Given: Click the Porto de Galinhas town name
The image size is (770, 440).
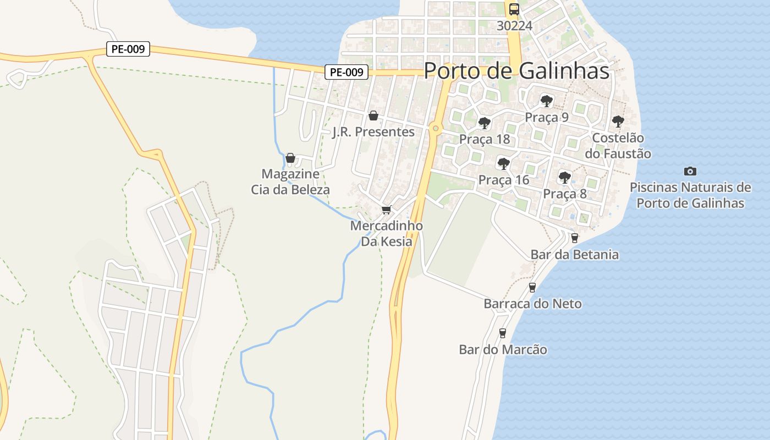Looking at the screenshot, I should click(x=516, y=71).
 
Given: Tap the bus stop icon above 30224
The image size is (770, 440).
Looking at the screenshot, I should click(x=514, y=9).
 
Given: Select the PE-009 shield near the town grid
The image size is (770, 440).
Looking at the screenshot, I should click(x=346, y=72).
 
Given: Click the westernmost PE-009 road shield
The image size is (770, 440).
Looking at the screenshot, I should click(x=128, y=49).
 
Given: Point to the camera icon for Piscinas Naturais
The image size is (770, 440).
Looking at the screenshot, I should click(x=690, y=171).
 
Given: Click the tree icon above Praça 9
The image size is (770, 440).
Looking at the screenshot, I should click(x=546, y=101).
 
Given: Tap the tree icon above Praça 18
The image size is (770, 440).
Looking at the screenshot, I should click(x=484, y=123).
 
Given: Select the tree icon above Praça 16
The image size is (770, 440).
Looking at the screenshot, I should click(x=503, y=163).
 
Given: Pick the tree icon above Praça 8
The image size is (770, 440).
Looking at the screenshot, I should click(x=564, y=177).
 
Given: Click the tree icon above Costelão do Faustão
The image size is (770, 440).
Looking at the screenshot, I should click(x=618, y=121).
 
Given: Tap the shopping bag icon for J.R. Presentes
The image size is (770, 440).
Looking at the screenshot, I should click(x=373, y=116).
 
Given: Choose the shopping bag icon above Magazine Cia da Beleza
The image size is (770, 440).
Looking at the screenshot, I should click(x=290, y=158).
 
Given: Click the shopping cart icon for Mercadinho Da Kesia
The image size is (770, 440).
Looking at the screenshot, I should click(x=386, y=210).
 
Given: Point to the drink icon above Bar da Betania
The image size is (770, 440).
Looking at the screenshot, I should click(x=574, y=238).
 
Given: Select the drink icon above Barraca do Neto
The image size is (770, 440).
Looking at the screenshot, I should click(x=532, y=287).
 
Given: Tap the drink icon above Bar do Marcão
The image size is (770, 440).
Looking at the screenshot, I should click(x=502, y=333).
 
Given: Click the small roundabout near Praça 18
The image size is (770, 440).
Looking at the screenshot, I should click(x=436, y=129).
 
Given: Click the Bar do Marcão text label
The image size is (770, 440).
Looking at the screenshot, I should click(x=503, y=349).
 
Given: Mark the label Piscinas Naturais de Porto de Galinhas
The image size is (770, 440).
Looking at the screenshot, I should click(x=690, y=195).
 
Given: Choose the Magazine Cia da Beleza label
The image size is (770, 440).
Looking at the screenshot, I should click(x=290, y=182).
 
